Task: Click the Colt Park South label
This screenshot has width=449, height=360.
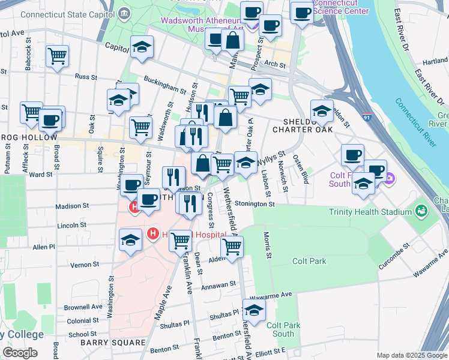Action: [x=280, y=329]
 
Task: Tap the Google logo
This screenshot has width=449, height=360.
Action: [x=20, y=353]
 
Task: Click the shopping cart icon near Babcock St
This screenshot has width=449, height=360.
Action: [x=57, y=56]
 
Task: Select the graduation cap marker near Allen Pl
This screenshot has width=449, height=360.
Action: [x=130, y=240]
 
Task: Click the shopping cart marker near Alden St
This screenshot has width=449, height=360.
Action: [x=232, y=245]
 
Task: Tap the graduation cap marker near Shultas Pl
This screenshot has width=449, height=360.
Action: [x=255, y=310]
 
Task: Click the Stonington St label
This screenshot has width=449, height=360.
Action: [x=255, y=204]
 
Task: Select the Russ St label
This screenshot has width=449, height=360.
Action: [x=86, y=77]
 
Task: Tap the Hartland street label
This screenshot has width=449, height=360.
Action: [x=435, y=61]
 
